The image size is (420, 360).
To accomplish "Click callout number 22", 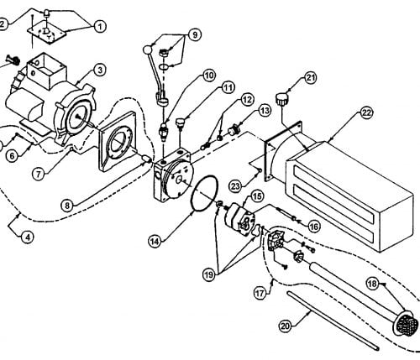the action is [x=366, y=112].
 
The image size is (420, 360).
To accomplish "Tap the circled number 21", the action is [x=310, y=78].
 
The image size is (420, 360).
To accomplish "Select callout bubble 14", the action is [x=155, y=242].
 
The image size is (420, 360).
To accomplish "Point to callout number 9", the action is [x=195, y=35].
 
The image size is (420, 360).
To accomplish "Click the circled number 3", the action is [x=100, y=70].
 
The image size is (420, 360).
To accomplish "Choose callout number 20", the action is [x=286, y=326].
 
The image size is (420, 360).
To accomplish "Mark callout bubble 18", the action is [x=373, y=284].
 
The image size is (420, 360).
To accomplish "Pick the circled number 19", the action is [x=209, y=274].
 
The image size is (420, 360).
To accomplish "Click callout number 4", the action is [x=27, y=237].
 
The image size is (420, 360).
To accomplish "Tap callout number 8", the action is [x=67, y=206].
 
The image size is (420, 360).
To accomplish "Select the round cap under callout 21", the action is [x=281, y=100].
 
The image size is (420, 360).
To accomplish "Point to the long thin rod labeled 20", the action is [x=333, y=320].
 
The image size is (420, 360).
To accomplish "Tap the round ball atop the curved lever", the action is [x=147, y=50].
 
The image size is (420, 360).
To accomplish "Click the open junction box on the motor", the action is [x=47, y=69].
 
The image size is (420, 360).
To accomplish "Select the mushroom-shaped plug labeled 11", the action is [x=180, y=123].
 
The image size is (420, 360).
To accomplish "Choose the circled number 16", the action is [x=314, y=226].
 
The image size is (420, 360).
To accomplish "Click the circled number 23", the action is [x=235, y=186].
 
